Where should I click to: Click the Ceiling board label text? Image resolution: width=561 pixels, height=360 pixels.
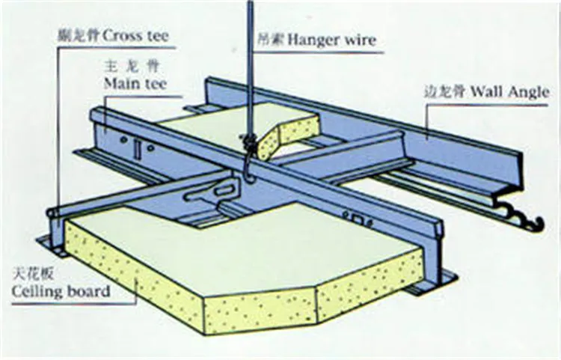[60, 290]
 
